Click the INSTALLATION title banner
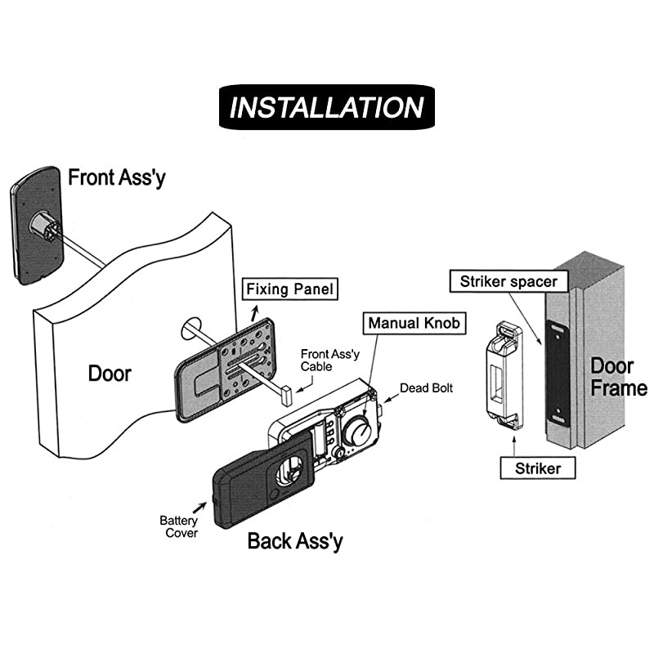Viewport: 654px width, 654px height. pyautogui.click(x=327, y=107)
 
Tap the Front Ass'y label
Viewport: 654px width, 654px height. pyautogui.click(x=116, y=177)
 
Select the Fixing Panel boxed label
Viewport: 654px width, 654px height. pyautogui.click(x=290, y=289)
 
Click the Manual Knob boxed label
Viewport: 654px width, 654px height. pyautogui.click(x=414, y=323)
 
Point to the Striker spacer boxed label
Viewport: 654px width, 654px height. pyautogui.click(x=508, y=282)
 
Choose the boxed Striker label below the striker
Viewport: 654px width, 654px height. pyautogui.click(x=538, y=468)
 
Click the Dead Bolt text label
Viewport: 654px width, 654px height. pyautogui.click(x=426, y=388)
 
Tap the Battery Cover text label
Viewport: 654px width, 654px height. pyautogui.click(x=178, y=526)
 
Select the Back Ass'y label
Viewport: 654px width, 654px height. pyautogui.click(x=295, y=540)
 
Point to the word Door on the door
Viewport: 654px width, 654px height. pyautogui.click(x=110, y=374)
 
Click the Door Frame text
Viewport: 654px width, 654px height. pyautogui.click(x=618, y=376)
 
